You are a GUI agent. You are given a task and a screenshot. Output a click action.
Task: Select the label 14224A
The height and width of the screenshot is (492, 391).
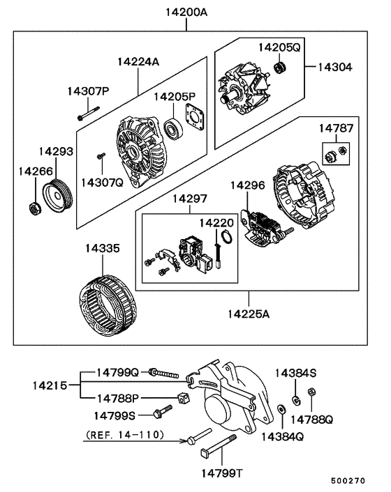tap(138, 62)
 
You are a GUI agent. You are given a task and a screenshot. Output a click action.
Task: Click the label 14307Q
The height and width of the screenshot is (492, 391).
tap(102, 183)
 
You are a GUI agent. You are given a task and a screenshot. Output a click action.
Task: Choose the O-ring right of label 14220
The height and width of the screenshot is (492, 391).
tap(226, 240)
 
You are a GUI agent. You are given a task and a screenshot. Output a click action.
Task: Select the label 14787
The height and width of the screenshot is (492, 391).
tap(337, 129)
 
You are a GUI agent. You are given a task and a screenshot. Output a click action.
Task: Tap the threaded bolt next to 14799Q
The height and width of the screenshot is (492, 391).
tap(165, 375)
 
